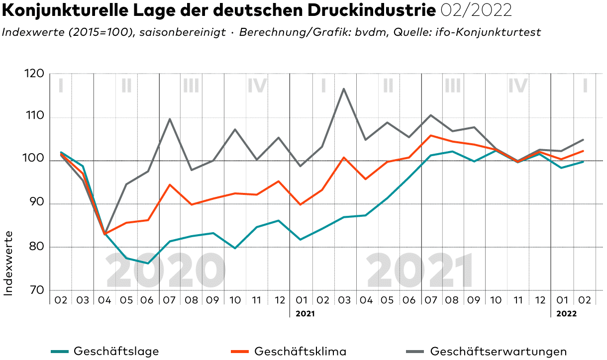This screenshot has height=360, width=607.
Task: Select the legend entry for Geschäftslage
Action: point(116,351)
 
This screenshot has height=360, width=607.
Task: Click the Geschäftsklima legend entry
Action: point(300,351)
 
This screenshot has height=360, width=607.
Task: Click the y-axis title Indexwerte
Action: point(8,263)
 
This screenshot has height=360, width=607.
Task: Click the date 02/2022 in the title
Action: point(476,10)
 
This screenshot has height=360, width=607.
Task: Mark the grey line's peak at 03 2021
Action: point(344,89)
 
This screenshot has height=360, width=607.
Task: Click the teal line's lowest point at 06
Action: point(148,263)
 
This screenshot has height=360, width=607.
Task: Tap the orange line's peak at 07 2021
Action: point(431,135)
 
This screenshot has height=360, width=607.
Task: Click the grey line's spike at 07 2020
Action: point(170,119)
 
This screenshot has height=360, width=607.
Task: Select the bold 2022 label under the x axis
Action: point(566,314)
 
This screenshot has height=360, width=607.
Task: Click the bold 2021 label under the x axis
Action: point(305,314)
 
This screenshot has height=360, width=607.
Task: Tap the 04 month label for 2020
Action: point(104,300)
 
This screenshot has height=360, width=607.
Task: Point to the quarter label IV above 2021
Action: point(517,86)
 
